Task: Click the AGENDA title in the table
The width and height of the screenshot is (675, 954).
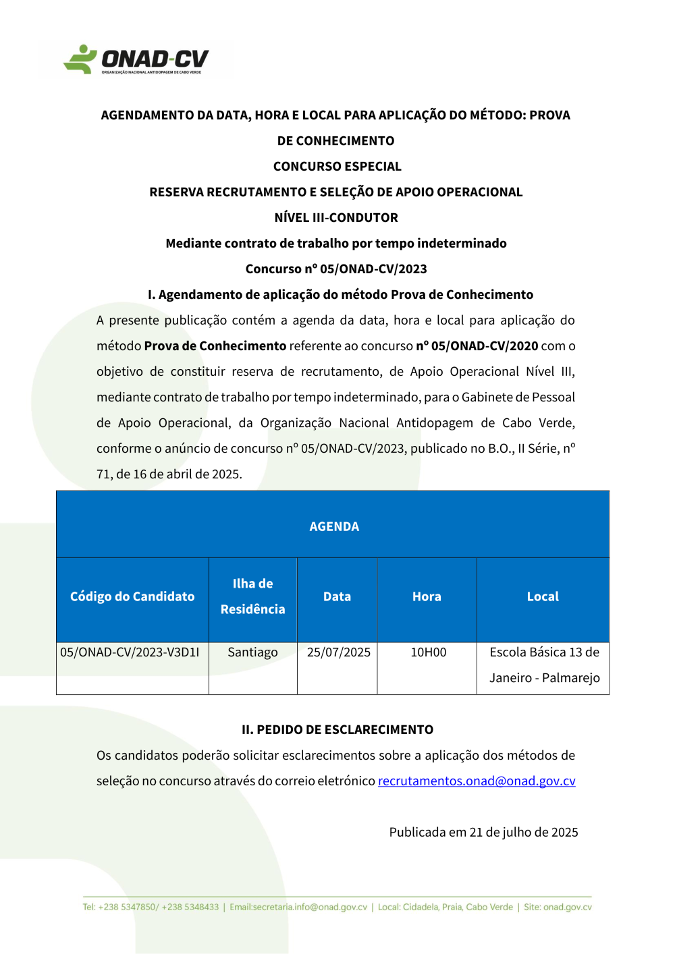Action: [x=334, y=526]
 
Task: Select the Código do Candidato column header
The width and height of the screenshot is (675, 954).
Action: [x=132, y=596]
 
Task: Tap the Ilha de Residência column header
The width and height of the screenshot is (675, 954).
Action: [x=252, y=596]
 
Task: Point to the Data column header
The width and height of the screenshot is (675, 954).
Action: [x=337, y=596]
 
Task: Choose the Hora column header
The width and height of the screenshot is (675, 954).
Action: [x=427, y=596]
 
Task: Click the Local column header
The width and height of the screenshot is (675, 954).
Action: [x=543, y=596]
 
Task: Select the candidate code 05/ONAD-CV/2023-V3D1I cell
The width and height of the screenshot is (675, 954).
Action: [x=130, y=652]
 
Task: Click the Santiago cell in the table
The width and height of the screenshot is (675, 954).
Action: [x=252, y=652]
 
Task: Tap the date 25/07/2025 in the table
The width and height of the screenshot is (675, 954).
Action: [x=338, y=652]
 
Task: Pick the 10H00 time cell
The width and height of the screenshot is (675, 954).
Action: [x=429, y=652]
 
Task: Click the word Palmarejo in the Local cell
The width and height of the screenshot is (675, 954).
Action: [x=571, y=678]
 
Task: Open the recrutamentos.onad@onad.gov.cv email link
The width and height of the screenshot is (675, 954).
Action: [x=477, y=781]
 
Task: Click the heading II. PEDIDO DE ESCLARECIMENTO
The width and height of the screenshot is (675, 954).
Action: [x=337, y=730]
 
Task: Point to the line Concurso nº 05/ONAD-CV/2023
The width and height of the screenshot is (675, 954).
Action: [x=336, y=269]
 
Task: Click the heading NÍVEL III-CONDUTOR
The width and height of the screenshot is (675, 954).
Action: [x=336, y=218]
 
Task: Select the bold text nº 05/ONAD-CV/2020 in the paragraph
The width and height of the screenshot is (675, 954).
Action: [x=477, y=346]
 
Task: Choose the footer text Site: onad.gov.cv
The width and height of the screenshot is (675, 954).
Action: [x=558, y=907]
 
